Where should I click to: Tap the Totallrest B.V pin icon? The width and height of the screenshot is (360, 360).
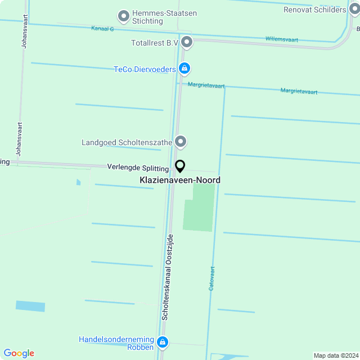187,42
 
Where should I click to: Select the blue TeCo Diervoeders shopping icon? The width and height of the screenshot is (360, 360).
184,69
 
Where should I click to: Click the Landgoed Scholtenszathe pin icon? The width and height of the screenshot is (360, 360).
180,142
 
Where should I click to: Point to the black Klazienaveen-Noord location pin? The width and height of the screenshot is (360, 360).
180,166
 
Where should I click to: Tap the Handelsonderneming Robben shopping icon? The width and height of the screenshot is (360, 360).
163,342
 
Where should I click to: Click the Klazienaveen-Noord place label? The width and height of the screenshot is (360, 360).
180,180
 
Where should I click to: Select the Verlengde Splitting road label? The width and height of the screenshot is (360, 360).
138,168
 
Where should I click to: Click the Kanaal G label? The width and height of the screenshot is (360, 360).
102,28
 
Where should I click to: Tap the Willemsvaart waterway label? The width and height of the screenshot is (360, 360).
282,39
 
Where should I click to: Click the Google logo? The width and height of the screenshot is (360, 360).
19,353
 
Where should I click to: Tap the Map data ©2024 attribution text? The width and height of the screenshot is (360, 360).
336,355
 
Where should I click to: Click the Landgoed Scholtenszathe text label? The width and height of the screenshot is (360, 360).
127,142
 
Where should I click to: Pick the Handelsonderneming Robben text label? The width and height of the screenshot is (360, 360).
116,344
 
